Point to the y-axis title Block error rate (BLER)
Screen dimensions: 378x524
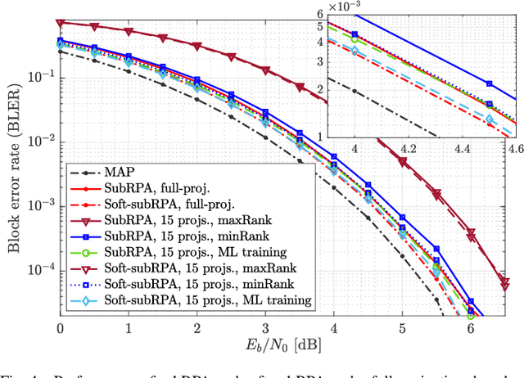15,164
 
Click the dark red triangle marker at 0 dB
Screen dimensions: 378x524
61,22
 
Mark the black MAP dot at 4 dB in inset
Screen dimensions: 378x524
355,91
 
